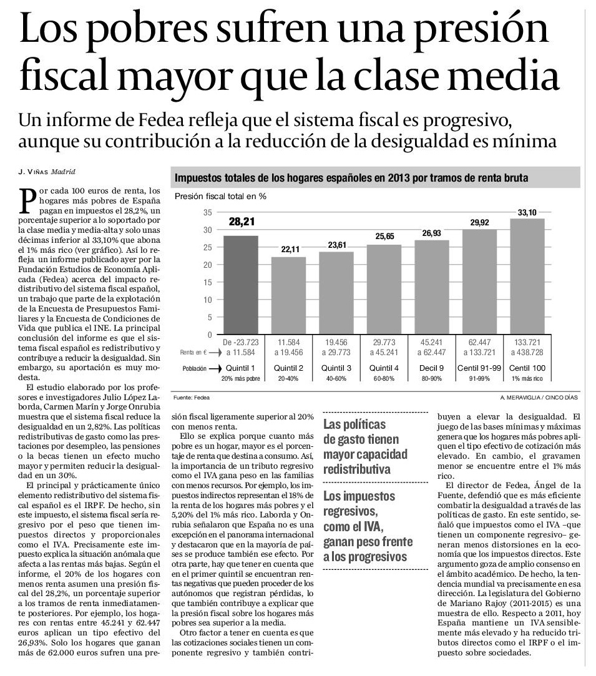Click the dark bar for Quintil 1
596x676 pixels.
click(241, 285)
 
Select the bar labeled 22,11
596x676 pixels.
click(289, 295)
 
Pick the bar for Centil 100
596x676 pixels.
click(527, 277)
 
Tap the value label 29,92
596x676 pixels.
click(479, 222)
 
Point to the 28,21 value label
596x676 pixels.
click(242, 222)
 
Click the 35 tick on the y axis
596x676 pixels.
click(208, 213)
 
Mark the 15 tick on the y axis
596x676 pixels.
click(208, 282)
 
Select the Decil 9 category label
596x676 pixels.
click(431, 368)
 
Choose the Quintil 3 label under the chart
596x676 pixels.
click(336, 368)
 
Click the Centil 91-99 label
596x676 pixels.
click(479, 368)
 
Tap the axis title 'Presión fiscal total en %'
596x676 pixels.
click(221, 196)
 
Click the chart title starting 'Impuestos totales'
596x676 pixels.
click(351, 178)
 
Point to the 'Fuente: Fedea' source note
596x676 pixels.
click(192, 398)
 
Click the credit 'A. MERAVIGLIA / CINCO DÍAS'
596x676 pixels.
click(539, 398)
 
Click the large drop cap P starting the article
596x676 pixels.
click(27, 200)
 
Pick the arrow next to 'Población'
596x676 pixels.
click(214, 369)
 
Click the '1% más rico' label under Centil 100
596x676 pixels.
click(527, 378)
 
